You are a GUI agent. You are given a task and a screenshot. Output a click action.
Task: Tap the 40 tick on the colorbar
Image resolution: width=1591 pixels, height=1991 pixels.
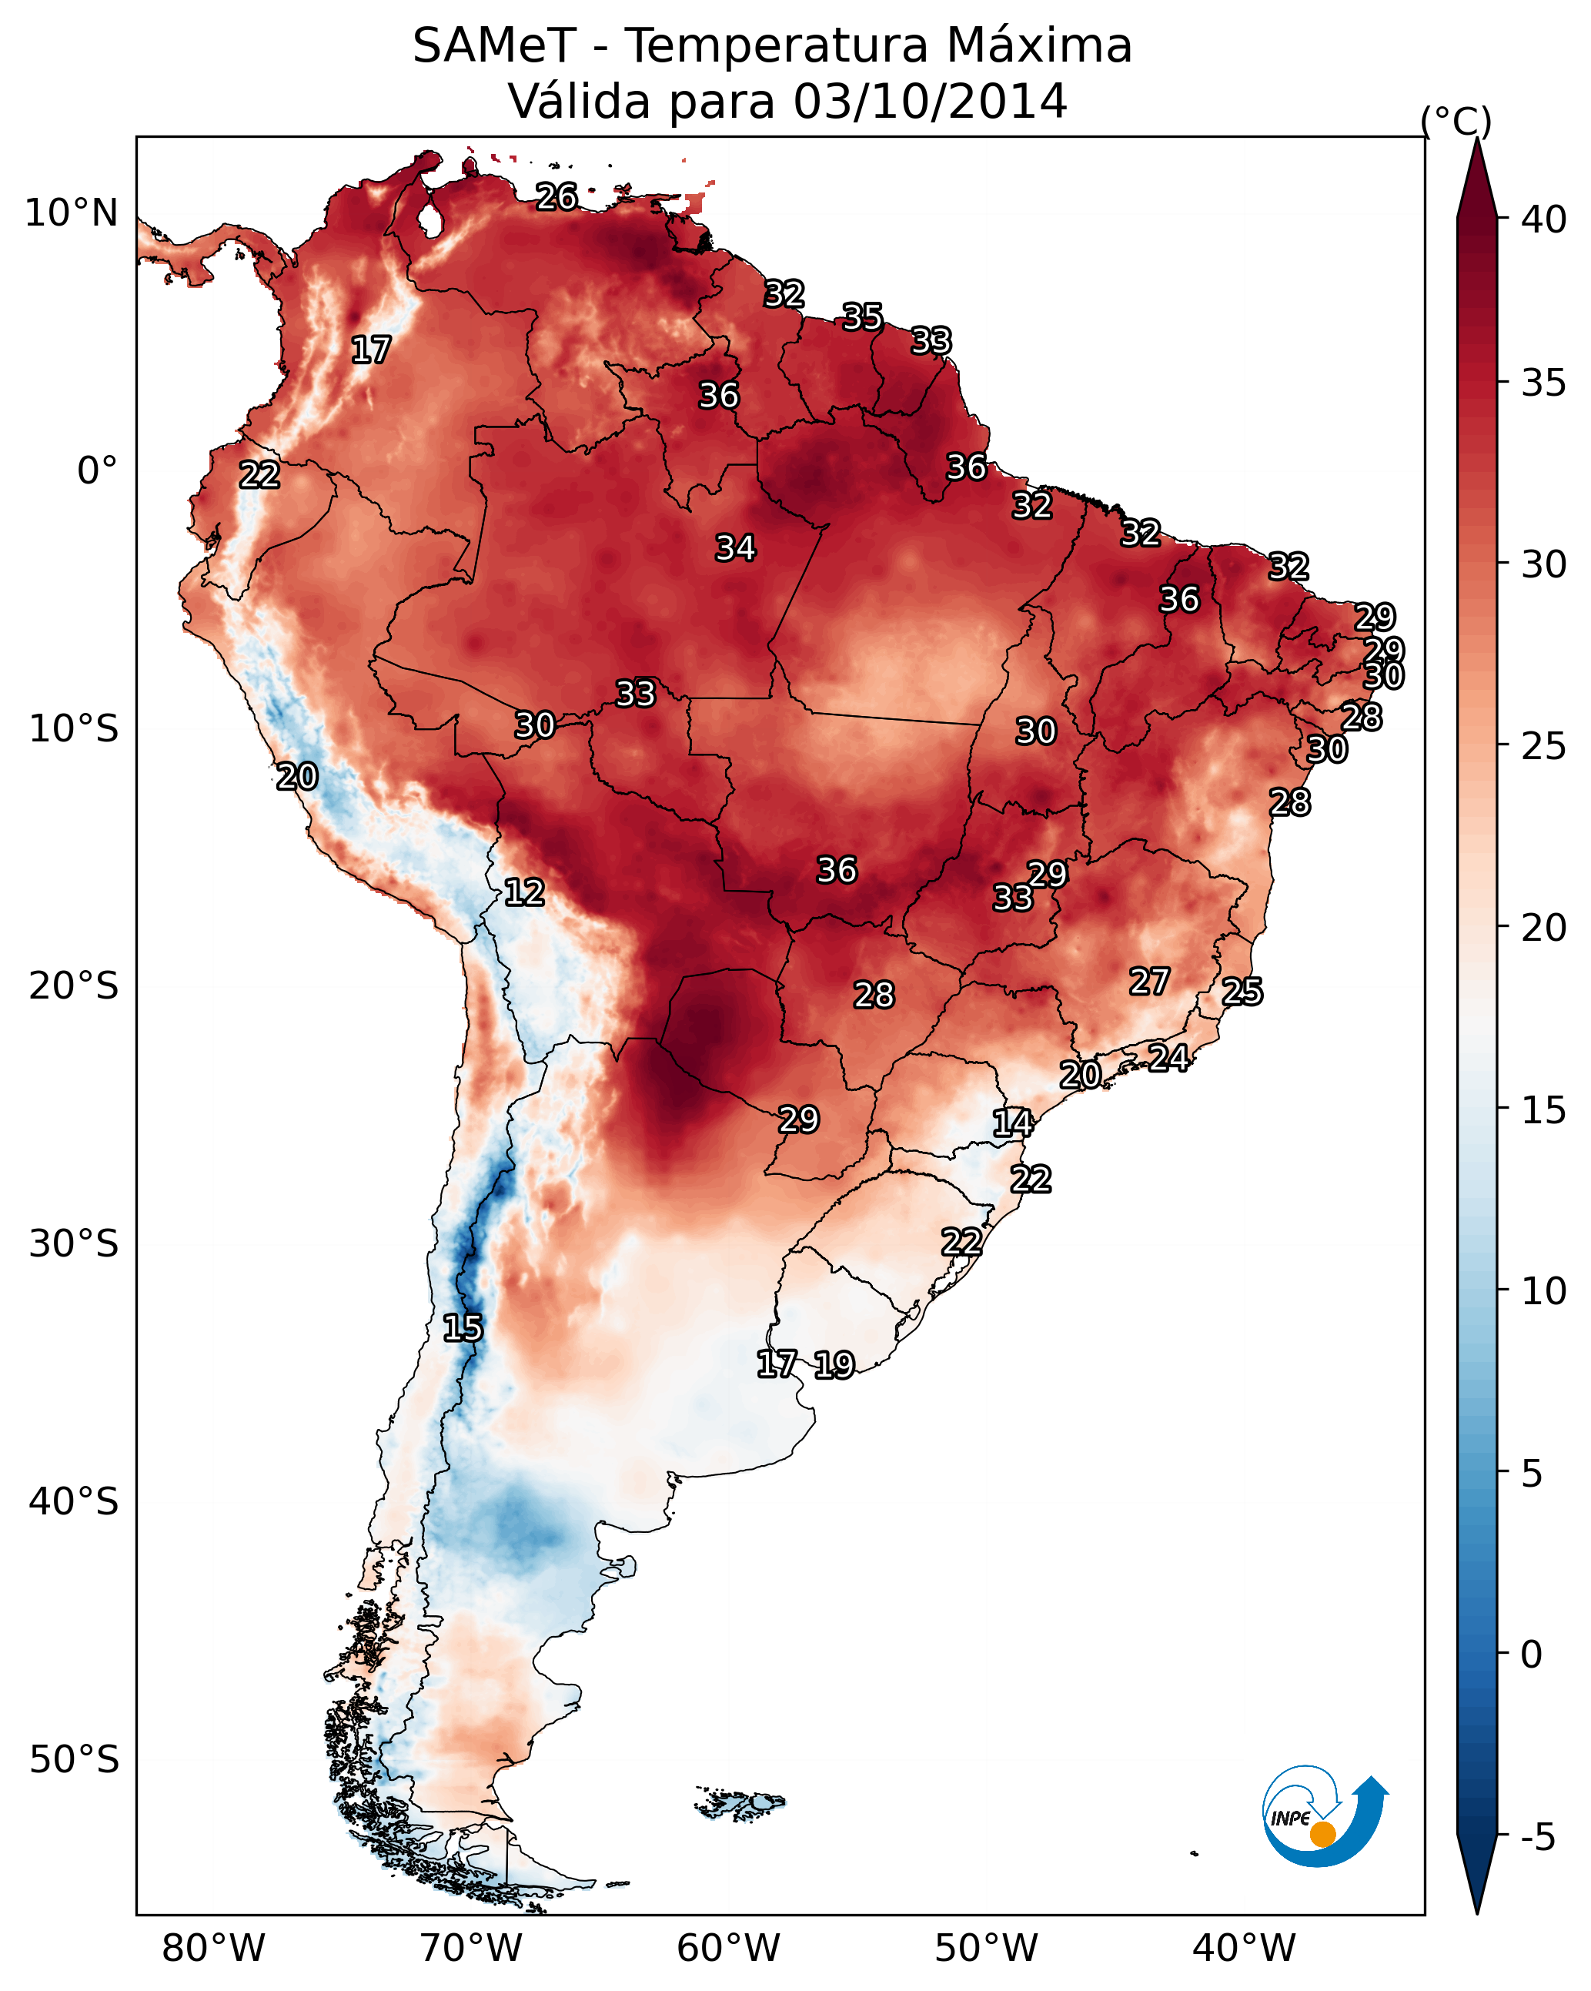[1543, 219]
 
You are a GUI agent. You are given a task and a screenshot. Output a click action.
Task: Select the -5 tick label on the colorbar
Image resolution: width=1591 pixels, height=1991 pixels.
[1537, 1837]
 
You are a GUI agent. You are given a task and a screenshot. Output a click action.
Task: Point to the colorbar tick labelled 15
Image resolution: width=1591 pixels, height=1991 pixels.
[1543, 1110]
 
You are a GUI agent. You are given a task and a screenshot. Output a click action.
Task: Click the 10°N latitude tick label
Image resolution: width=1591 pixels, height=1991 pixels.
[71, 213]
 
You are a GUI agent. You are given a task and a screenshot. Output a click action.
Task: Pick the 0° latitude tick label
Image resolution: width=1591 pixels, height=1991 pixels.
[97, 471]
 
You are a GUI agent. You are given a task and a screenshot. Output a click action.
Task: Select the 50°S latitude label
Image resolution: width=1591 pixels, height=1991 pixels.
[74, 1760]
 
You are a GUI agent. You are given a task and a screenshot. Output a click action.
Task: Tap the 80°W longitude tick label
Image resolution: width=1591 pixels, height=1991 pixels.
[213, 1949]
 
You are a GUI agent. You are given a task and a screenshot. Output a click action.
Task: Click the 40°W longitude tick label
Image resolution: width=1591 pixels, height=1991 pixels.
[1244, 1949]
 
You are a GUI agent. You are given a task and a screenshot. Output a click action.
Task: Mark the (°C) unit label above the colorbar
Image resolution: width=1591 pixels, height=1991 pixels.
[1456, 121]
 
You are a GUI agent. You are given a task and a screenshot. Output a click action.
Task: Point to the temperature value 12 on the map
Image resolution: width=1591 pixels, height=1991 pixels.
[524, 892]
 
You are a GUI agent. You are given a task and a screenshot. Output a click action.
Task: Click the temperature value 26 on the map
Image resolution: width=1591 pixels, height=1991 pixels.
[557, 196]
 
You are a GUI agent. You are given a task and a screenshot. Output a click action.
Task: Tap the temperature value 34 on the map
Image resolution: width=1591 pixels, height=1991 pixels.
[736, 547]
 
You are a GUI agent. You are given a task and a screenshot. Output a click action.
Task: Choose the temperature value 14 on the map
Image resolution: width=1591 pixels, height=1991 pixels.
[1013, 1123]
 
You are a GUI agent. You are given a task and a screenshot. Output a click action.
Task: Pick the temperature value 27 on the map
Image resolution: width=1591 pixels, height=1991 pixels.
[1150, 982]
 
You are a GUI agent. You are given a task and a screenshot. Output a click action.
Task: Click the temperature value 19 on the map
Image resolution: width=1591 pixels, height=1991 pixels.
[834, 1365]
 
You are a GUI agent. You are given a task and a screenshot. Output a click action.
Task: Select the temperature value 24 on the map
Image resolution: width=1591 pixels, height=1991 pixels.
[1169, 1057]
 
